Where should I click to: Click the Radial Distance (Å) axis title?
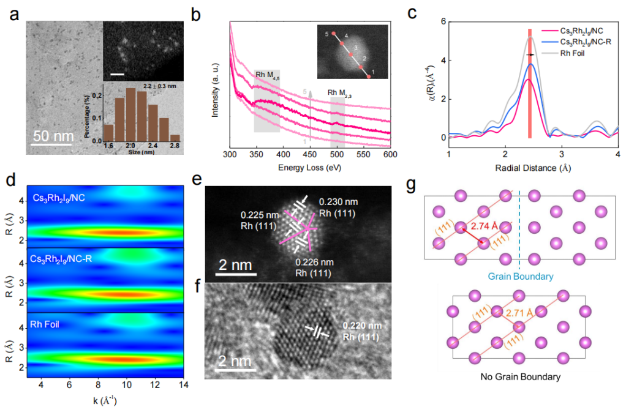[x=533, y=167]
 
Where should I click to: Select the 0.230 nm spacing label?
[x=338, y=203]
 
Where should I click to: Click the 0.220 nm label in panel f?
[x=361, y=325]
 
